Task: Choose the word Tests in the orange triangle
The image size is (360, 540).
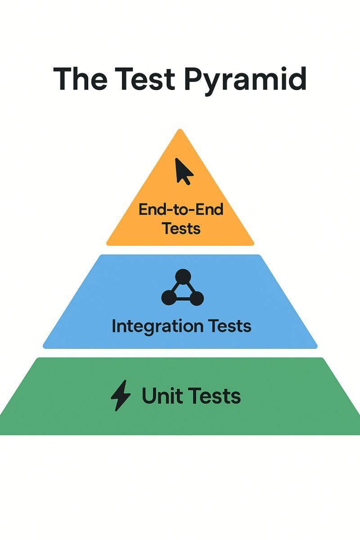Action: [x=181, y=228]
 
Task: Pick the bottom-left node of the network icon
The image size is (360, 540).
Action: [x=168, y=297]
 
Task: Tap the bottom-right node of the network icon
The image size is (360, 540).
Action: [x=197, y=297]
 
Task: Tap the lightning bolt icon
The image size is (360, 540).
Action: [x=121, y=396]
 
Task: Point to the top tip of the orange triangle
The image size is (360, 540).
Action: [x=180, y=130]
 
